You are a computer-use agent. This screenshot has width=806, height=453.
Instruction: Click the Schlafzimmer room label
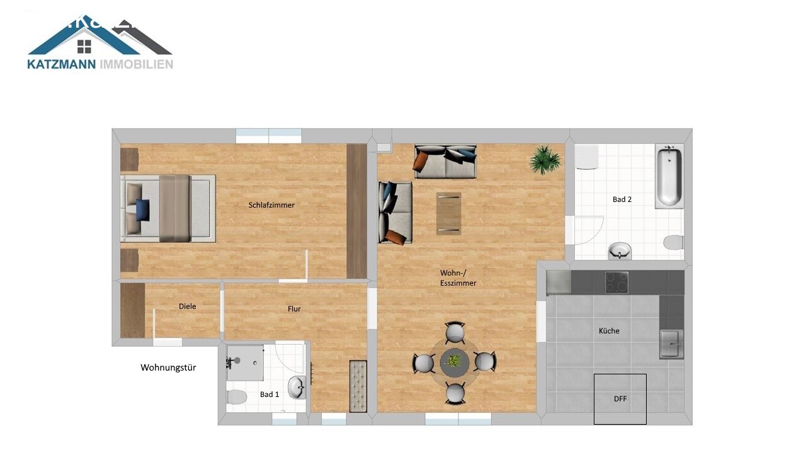[271, 205]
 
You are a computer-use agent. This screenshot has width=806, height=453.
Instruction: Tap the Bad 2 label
[622, 199]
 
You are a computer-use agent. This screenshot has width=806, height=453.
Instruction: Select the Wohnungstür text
[168, 367]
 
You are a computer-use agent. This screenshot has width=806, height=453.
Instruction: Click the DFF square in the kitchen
[620, 399]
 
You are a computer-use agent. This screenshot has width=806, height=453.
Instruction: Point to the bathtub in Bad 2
[668, 176]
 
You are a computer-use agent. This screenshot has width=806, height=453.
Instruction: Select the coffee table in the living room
[449, 213]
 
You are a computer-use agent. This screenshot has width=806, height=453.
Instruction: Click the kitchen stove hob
[616, 282]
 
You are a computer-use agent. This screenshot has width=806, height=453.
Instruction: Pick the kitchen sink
[671, 344]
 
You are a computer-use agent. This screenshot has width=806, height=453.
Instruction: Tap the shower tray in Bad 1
[245, 362]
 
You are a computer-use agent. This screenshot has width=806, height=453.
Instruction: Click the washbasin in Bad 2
[620, 251]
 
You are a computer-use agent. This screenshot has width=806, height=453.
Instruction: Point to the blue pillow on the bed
[142, 209]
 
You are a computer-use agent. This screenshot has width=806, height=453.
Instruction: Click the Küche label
[609, 331]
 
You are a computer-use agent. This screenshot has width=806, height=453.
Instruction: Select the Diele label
[187, 306]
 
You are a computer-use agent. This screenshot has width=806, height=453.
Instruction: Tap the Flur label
[294, 309]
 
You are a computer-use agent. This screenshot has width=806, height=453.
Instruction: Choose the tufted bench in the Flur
[358, 386]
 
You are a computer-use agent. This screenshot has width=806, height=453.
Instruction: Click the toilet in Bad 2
[673, 242]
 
